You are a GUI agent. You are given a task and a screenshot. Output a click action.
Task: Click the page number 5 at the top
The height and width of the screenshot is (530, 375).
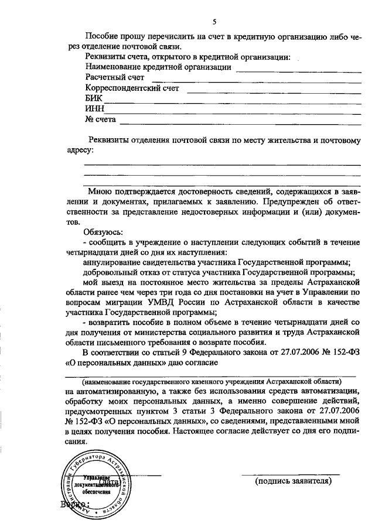click(214, 22)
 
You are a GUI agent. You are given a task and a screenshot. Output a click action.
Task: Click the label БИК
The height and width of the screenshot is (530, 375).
click(94, 98)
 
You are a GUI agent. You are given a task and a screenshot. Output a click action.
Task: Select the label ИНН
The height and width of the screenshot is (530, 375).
click(94, 109)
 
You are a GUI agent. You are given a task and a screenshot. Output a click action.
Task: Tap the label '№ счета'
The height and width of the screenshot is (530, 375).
click(101, 119)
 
